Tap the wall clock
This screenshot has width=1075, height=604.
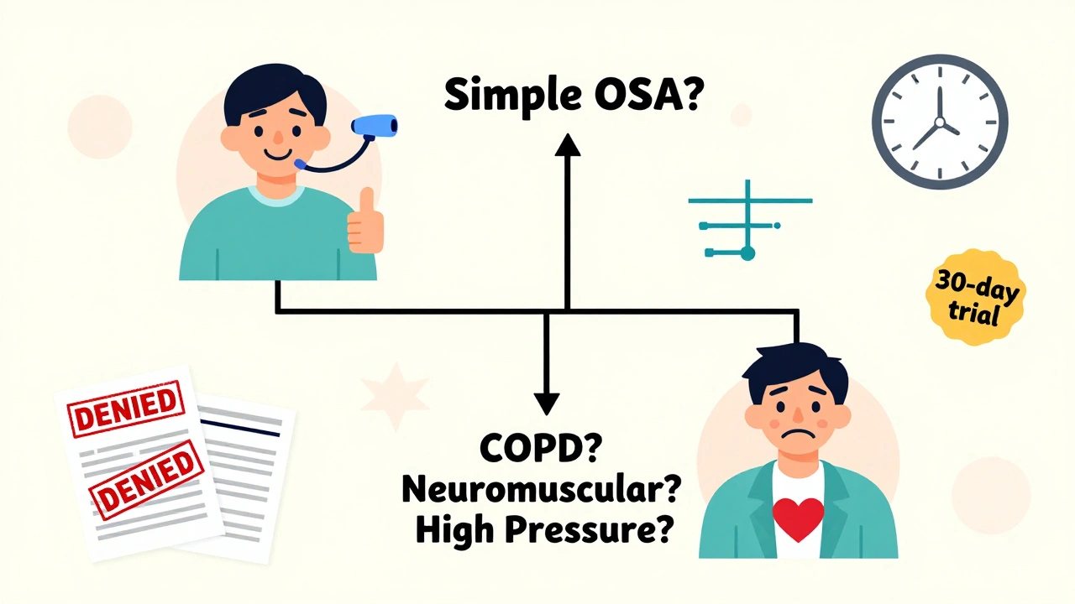click(x=939, y=123)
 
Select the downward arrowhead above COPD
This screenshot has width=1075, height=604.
click(x=547, y=402)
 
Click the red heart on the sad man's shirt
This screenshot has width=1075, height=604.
click(x=798, y=519)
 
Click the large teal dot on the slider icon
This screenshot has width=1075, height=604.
click(x=747, y=252)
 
